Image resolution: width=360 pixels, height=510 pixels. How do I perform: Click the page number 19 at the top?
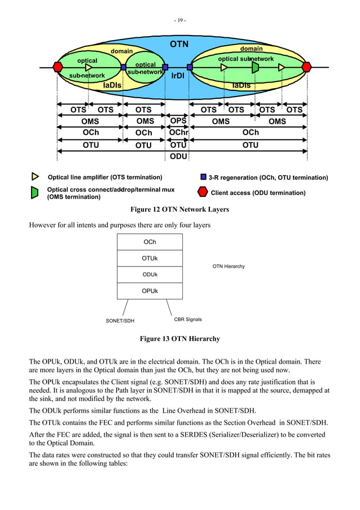click(x=180, y=21)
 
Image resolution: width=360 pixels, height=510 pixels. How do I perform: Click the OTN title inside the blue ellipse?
click(x=179, y=44)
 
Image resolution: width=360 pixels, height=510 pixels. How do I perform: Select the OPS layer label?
click(x=178, y=121)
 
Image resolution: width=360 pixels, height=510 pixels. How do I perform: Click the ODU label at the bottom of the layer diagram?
click(x=178, y=156)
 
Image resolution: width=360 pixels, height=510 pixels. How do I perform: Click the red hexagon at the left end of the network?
click(x=58, y=67)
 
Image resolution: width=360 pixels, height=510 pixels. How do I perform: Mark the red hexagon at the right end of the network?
click(x=306, y=67)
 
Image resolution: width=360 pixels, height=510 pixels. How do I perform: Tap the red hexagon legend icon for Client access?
click(x=203, y=193)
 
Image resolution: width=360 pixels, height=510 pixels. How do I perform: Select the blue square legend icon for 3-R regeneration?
click(x=204, y=177)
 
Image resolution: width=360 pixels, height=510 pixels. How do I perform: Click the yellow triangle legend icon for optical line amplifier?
click(x=36, y=177)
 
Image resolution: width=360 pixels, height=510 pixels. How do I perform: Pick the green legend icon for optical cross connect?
click(x=35, y=193)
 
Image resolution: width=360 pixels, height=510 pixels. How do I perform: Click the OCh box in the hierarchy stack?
click(x=150, y=242)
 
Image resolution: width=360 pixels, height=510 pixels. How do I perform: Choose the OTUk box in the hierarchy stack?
click(x=150, y=258)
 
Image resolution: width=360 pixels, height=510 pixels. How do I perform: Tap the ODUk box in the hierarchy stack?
click(x=150, y=274)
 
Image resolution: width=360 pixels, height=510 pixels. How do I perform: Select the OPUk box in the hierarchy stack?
click(x=150, y=291)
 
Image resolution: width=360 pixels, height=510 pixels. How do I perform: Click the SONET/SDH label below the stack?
click(x=120, y=321)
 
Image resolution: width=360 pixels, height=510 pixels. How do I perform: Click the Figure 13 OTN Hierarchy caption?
click(x=179, y=339)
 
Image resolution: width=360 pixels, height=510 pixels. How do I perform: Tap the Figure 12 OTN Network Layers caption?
click(x=179, y=210)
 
